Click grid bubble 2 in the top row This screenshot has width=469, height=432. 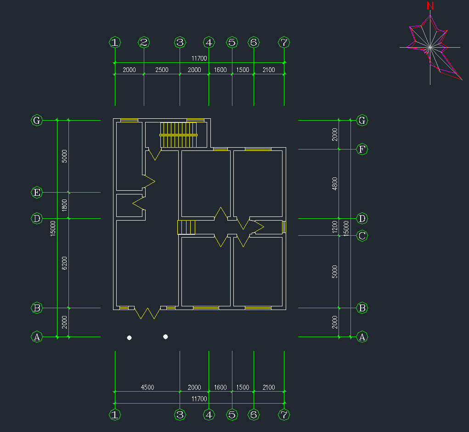pos(144,43)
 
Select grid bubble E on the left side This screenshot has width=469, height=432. pos(37,192)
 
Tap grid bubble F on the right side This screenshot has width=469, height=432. pos(362,149)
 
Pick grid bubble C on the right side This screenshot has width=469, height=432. pos(362,236)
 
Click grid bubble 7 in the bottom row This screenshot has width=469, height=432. pos(284,415)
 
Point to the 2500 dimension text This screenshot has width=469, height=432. pos(162,70)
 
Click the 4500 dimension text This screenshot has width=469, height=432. pos(147,388)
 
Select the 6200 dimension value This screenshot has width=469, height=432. pos(64,263)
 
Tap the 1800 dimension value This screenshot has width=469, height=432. pos(64,205)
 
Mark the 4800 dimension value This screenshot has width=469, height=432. pos(335,184)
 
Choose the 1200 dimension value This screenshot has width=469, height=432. pos(335,227)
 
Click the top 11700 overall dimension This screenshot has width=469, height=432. pos(199,58)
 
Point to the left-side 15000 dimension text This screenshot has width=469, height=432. pos(53,228)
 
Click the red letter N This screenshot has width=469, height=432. pos(430,6)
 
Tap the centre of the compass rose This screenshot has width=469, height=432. pos(429,47)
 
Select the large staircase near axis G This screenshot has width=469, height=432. pos(178,135)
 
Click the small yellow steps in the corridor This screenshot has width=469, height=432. pos(187,227)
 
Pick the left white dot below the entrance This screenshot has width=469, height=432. pos(130,338)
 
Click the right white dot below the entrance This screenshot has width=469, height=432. pos(165,337)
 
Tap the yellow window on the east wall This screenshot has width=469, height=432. pos(284,227)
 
